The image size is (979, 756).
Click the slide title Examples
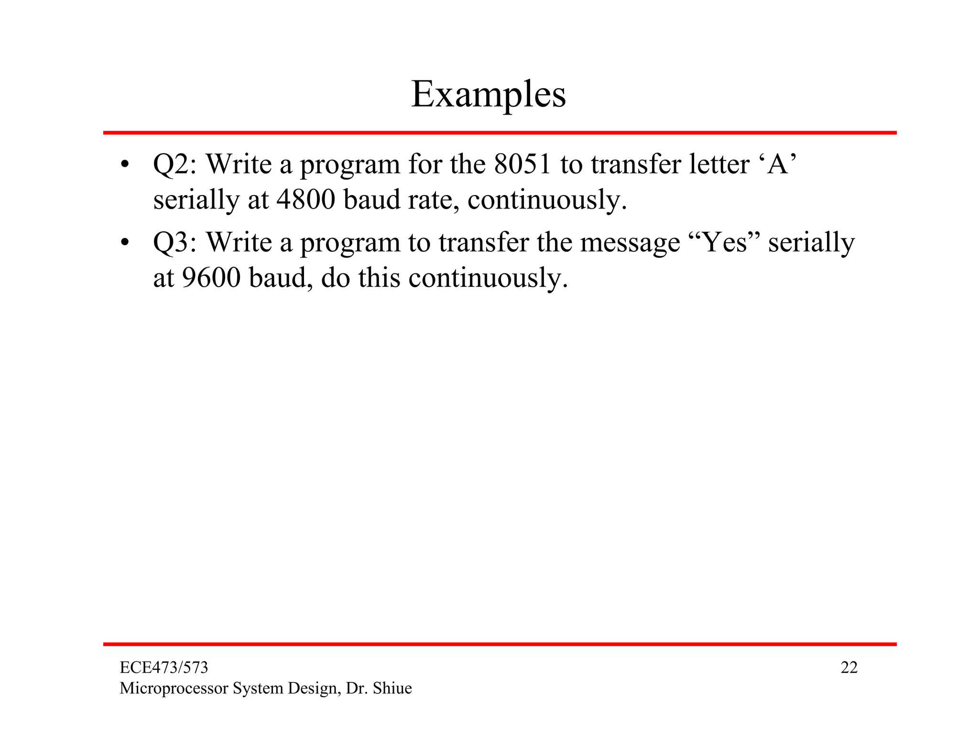click(489, 95)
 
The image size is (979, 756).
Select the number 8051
click(522, 165)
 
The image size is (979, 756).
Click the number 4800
click(305, 200)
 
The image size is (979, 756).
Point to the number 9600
click(211, 278)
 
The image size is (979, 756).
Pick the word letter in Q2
click(719, 165)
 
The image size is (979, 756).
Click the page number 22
click(849, 668)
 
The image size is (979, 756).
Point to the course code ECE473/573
click(163, 668)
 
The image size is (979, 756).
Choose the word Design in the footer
click(315, 689)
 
